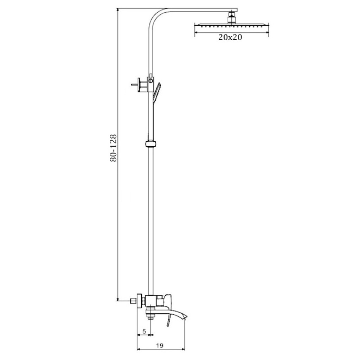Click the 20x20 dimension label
tap(230, 37)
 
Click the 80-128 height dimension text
tap(114, 148)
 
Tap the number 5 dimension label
tap(144, 331)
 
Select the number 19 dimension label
tap(160, 345)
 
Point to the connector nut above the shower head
tap(232, 19)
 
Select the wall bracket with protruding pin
tap(139, 85)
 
